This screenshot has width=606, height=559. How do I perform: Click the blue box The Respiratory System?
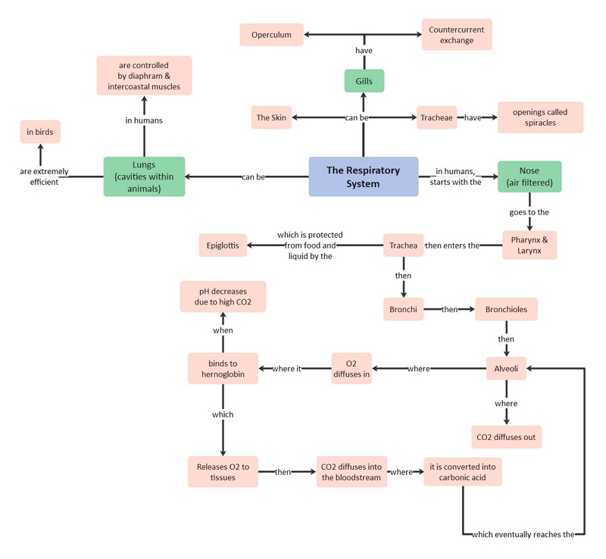(364, 176)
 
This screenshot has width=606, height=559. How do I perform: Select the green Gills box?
(364, 81)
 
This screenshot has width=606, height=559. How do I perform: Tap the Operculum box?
(271, 35)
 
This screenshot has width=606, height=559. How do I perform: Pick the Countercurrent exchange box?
(457, 35)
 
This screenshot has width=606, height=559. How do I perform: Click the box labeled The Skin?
(271, 117)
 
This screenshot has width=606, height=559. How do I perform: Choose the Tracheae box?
(437, 117)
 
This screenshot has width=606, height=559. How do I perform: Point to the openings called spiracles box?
(540, 117)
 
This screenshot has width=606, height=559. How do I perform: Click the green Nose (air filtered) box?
(529, 176)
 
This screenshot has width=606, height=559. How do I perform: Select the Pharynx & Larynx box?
(529, 245)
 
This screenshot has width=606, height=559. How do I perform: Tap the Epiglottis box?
(223, 245)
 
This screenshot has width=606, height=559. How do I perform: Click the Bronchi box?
(403, 309)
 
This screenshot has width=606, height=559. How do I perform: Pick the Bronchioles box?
(506, 309)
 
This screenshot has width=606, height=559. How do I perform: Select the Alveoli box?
(506, 368)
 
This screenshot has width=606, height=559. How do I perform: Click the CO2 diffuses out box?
(506, 437)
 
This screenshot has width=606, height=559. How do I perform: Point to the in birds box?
(40, 132)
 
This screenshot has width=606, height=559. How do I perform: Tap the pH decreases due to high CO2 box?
(223, 296)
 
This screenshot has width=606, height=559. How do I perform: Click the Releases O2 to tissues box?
(223, 472)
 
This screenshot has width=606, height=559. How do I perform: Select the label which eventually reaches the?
(523, 534)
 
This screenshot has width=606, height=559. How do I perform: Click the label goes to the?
(529, 212)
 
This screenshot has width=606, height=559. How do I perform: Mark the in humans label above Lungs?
(144, 120)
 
